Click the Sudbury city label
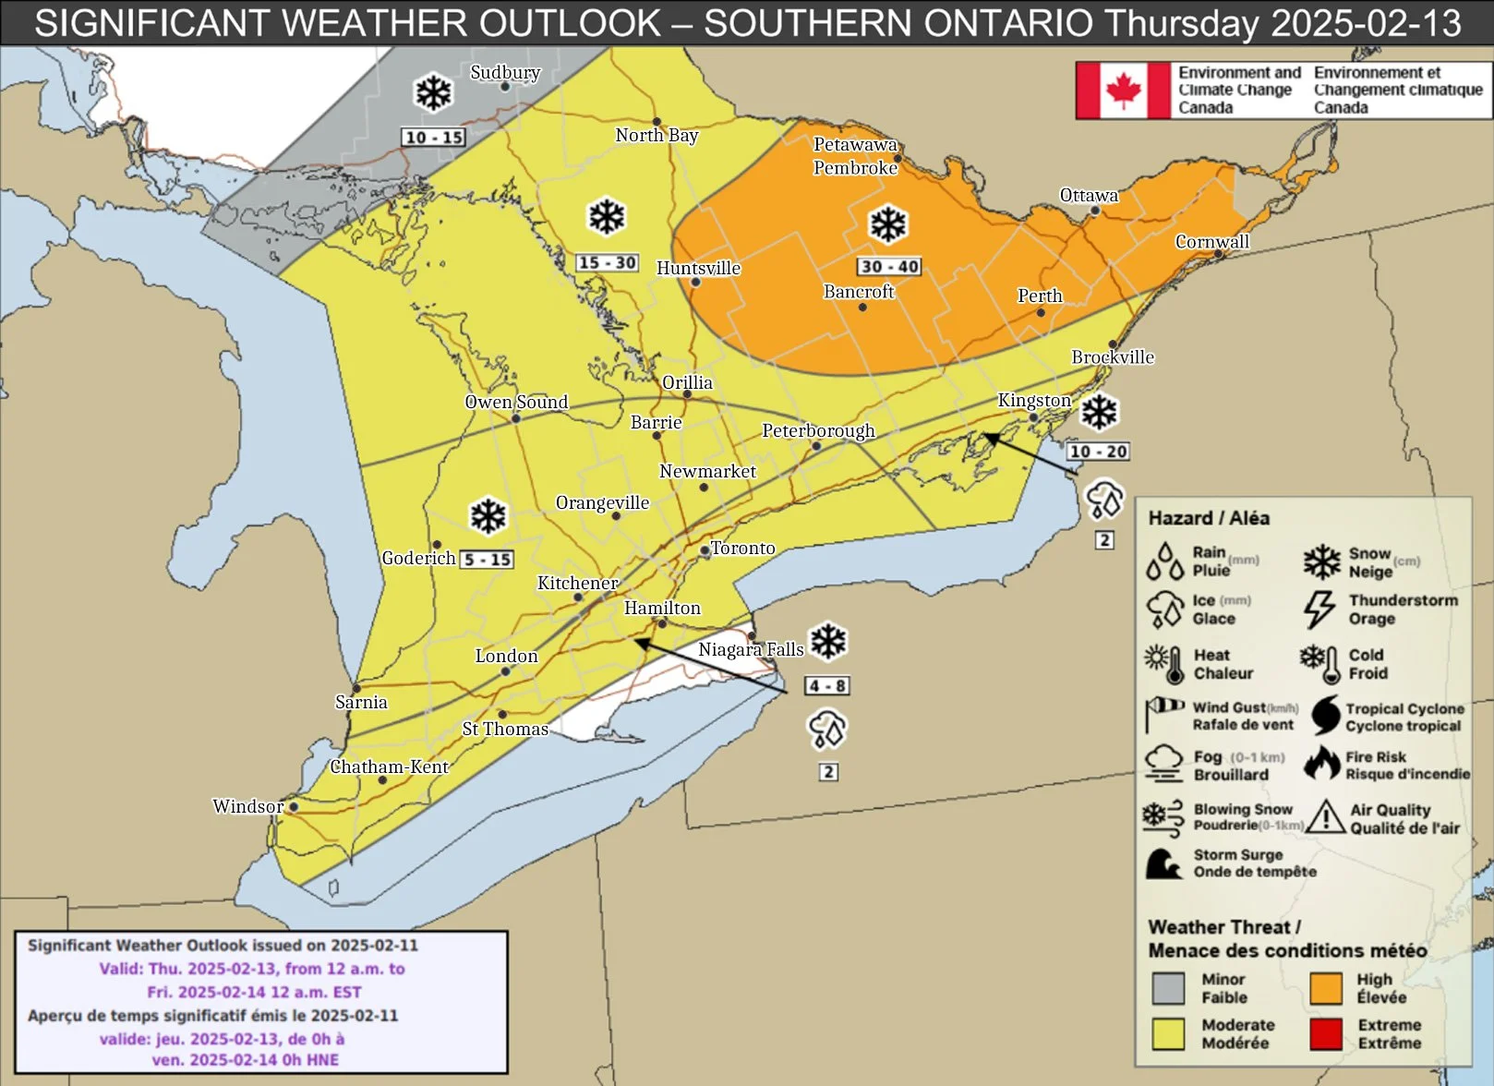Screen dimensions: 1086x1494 point(504,72)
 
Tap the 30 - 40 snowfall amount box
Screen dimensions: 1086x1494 point(888,267)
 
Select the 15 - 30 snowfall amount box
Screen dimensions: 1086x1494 point(607,262)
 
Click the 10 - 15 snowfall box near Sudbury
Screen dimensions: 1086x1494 point(433,138)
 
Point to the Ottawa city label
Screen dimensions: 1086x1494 point(1088,195)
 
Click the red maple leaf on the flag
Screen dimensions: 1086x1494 point(1123,90)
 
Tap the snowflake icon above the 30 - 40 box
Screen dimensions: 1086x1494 point(888,224)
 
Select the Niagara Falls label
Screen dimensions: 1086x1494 point(750,649)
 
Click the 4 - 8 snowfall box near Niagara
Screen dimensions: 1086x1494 point(826,686)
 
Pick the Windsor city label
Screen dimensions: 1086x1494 point(247,806)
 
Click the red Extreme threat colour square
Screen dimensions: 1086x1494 point(1325,1034)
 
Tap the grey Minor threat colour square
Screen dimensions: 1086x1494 point(1168,988)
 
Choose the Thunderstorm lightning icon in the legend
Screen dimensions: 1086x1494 point(1319,609)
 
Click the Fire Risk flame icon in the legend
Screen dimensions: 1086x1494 point(1322,765)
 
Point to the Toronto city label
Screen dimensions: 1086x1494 point(742,548)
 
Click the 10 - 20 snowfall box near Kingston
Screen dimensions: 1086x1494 point(1098,452)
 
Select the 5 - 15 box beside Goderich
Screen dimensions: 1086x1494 point(487,560)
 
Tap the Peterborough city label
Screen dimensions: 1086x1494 point(817,430)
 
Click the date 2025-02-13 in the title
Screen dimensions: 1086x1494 point(1366,23)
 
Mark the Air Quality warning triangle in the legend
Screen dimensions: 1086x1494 point(1325,817)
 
